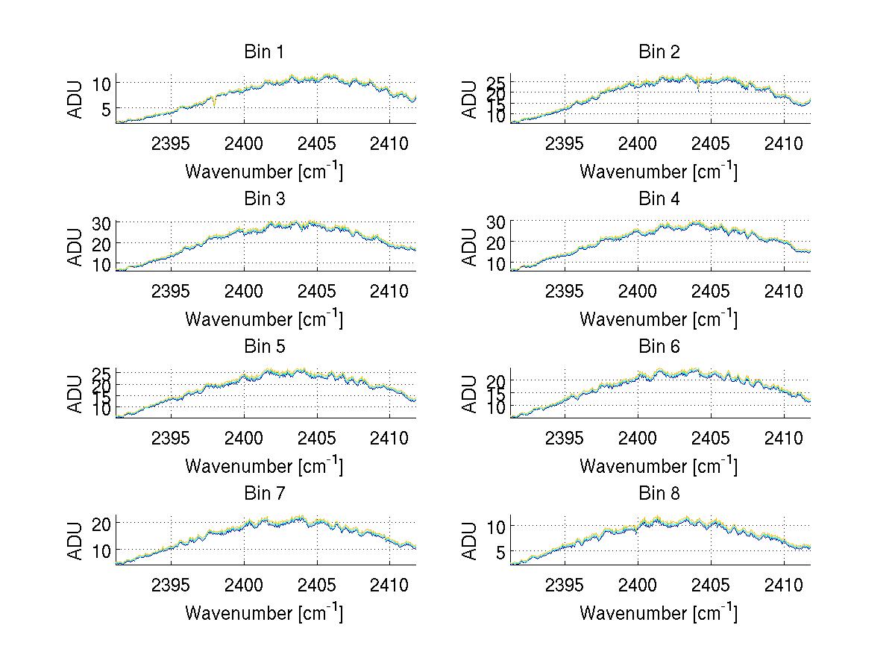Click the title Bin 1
pos(264,52)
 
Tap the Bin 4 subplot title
pos(659,199)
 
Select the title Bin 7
pos(264,494)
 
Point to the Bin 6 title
pos(659,347)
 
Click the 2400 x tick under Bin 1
pos(244,143)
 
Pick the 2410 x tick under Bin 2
pos(784,143)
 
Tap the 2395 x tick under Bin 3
pos(171,290)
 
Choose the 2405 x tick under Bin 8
pos(711,585)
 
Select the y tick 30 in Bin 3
pos(101,223)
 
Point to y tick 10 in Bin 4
pos(496,264)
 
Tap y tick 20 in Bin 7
pos(101,524)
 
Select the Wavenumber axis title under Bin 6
pos(659,466)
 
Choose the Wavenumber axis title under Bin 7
pos(264,613)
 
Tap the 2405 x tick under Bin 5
pos(317,438)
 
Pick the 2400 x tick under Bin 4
pos(638,290)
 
